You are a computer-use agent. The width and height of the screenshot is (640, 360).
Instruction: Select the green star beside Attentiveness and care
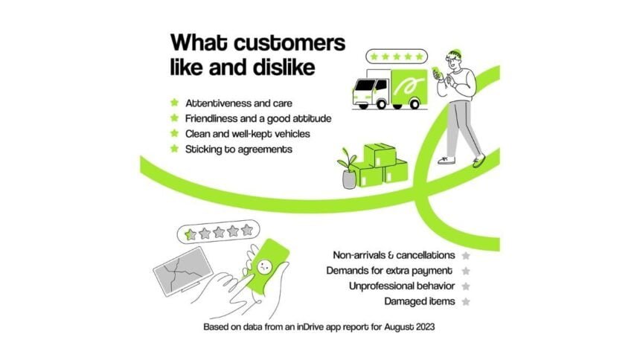tap(175, 103)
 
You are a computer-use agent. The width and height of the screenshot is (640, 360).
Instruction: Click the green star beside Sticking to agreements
tap(175, 149)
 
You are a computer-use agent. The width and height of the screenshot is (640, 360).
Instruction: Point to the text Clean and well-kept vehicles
tap(247, 134)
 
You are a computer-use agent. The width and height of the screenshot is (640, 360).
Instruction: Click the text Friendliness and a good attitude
tap(258, 118)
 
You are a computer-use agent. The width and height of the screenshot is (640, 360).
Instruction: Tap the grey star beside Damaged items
tap(466, 302)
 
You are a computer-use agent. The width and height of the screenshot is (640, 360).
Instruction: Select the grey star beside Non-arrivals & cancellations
tap(466, 256)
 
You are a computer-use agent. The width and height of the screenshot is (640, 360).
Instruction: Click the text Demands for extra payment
tap(389, 271)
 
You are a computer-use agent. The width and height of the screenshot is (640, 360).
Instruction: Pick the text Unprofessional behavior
tap(402, 286)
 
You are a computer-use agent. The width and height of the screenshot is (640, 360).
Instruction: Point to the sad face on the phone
tap(264, 267)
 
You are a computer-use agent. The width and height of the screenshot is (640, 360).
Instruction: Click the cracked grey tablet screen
tap(183, 270)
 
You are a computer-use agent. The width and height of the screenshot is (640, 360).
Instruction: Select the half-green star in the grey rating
tap(191, 234)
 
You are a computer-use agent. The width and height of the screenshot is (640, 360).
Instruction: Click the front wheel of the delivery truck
tap(381, 103)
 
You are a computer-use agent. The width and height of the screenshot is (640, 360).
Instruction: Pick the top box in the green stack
tap(380, 154)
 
